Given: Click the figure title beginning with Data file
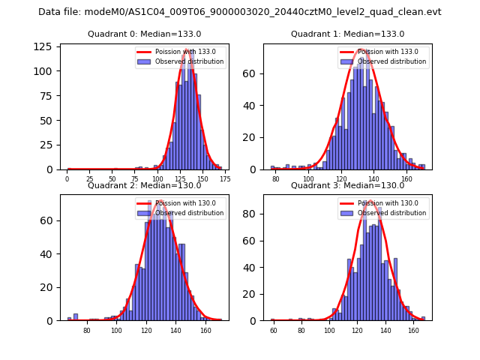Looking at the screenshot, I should pyautogui.click(x=240, y=12).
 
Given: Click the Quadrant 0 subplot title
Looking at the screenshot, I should pyautogui.click(x=144, y=34).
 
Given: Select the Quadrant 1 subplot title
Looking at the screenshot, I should pyautogui.click(x=347, y=34).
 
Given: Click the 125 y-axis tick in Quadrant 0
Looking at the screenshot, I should pyautogui.click(x=45, y=46).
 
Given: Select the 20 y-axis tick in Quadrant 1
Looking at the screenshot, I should pyautogui.click(x=253, y=138).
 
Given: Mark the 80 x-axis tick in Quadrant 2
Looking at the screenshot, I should pyautogui.click(x=87, y=331).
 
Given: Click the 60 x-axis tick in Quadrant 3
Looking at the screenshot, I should pyautogui.click(x=273, y=331).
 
